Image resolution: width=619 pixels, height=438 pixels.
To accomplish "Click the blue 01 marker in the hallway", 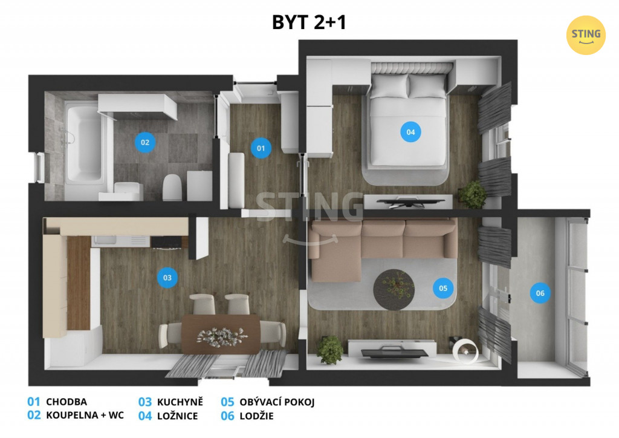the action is [261, 148].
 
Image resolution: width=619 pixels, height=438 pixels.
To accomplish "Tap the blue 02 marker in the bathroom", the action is [145, 142].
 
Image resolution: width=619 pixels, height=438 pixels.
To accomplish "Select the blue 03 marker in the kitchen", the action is [167, 277].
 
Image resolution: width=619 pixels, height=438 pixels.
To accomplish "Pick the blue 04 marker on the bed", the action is [410, 132].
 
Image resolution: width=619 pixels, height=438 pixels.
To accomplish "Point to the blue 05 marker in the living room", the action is [443, 288].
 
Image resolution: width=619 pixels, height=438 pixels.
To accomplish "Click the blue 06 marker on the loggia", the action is [540, 293].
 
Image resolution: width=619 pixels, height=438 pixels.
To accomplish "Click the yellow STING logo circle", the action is [586, 35].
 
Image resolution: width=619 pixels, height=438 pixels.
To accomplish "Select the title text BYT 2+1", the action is [309, 22].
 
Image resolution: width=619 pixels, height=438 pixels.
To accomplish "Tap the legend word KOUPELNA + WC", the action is [85, 415].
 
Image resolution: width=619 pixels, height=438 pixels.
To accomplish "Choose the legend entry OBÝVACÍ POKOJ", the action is [277, 402].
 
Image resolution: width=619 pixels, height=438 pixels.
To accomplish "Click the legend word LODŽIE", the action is [256, 416].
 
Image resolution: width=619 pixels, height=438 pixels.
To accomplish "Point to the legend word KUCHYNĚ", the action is [180, 402].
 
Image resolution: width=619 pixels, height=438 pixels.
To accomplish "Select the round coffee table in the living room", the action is [394, 290].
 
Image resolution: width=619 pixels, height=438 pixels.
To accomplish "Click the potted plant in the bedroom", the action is [473, 194].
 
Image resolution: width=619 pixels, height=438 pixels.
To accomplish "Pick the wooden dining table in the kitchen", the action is [221, 334].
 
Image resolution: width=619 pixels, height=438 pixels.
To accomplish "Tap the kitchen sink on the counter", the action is [105, 241].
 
